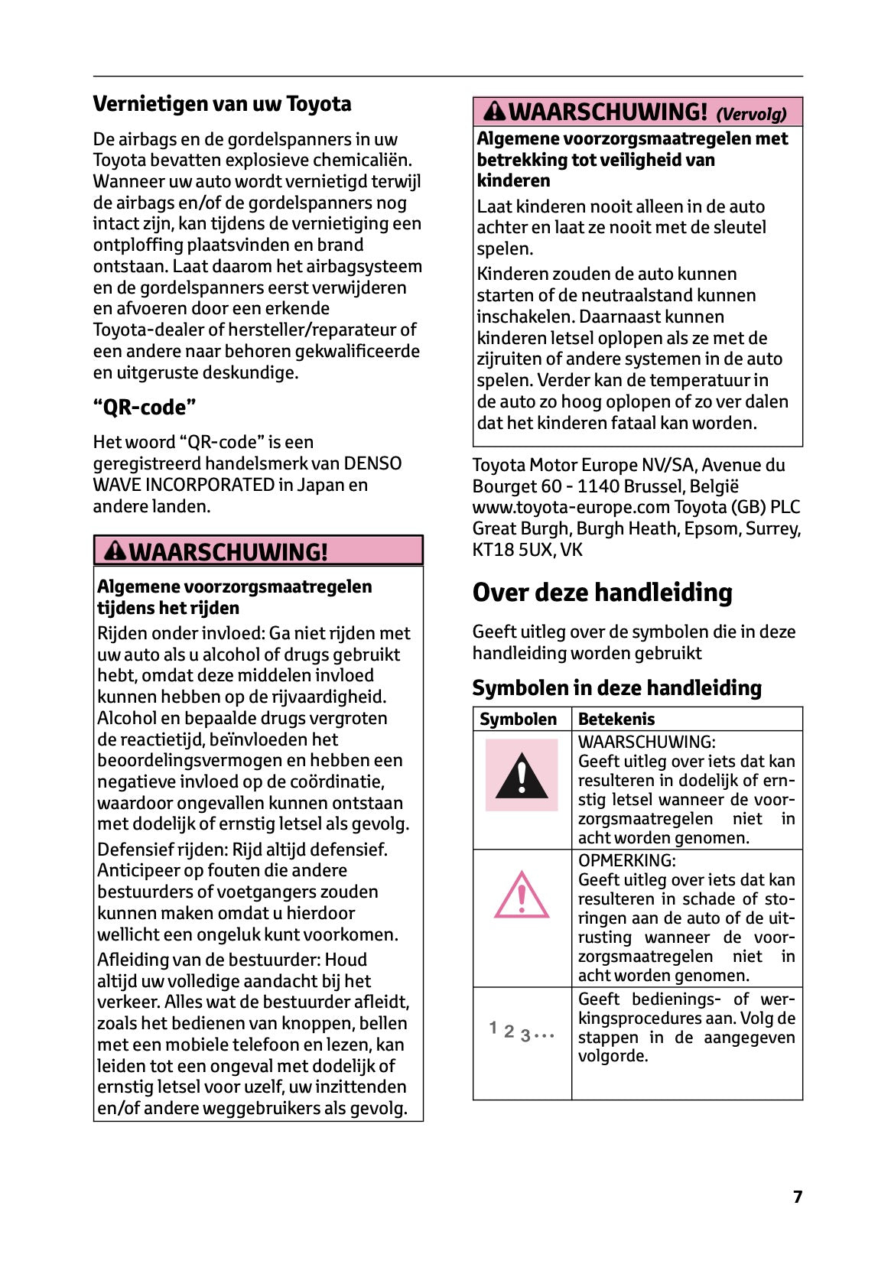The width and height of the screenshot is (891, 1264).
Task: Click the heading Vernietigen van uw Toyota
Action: [222, 104]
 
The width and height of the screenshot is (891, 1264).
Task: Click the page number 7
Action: [798, 1197]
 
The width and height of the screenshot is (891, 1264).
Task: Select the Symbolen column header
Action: [518, 720]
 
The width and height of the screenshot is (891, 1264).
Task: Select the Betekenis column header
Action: [616, 720]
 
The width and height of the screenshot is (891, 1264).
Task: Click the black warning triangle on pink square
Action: [522, 775]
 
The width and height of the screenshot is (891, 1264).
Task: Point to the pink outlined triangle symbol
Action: [522, 895]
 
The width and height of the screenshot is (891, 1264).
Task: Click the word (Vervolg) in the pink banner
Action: [751, 115]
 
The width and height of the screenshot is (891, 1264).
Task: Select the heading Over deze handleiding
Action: [602, 593]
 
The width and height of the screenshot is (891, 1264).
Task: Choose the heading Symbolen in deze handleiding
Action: [616, 688]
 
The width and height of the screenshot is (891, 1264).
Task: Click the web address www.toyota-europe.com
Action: [571, 508]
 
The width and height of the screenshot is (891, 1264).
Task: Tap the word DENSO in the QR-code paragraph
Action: [372, 464]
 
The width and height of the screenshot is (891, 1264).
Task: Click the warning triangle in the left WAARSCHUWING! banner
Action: [115, 551]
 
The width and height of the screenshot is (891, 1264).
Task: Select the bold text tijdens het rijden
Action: [168, 609]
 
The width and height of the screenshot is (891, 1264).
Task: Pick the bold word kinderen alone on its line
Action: [513, 181]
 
